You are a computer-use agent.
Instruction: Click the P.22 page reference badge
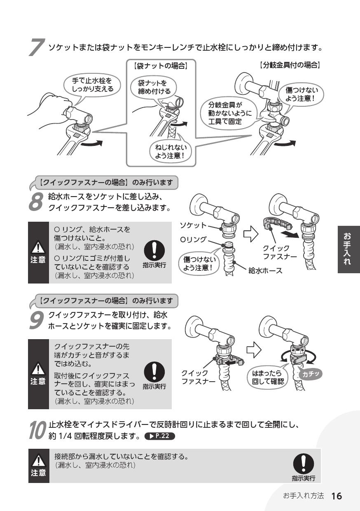point(160,436)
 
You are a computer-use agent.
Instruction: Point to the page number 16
point(337,496)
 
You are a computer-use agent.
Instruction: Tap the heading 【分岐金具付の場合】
point(290,65)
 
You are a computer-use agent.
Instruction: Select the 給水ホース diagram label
point(265,272)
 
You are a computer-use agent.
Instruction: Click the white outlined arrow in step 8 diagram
point(251,234)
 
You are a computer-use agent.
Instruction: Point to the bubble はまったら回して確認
point(268,377)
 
